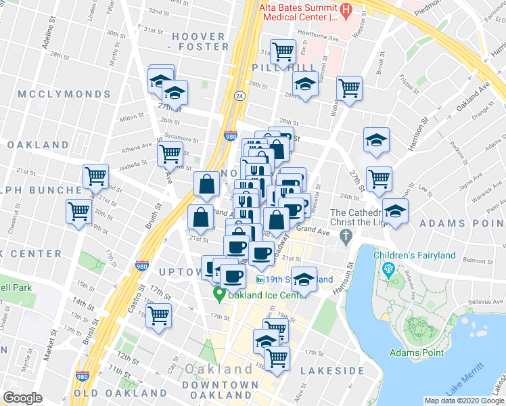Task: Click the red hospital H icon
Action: (x=346, y=9)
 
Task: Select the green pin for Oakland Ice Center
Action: (x=219, y=294)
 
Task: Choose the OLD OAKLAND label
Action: (x=120, y=393)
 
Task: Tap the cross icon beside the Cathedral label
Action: (x=346, y=237)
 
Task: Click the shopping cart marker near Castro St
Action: (x=158, y=315)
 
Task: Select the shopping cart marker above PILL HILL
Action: (x=283, y=50)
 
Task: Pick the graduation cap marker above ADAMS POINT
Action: (x=395, y=209)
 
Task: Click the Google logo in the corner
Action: (x=22, y=398)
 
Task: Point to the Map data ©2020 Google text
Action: (x=463, y=401)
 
